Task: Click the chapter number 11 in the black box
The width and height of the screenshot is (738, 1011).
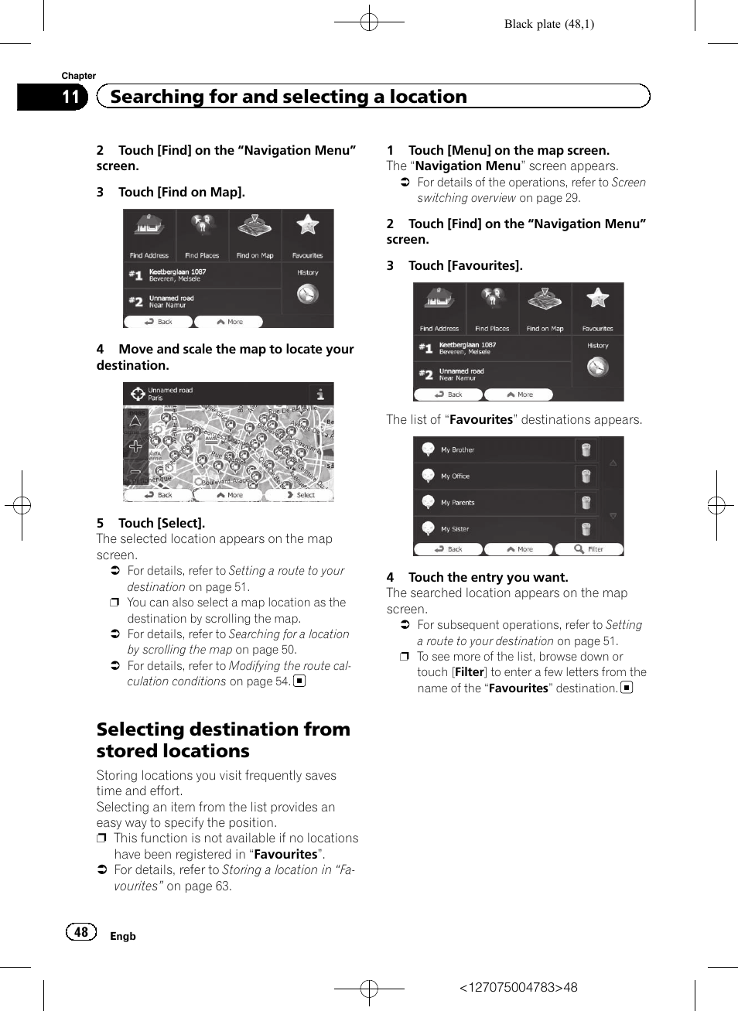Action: click(x=70, y=97)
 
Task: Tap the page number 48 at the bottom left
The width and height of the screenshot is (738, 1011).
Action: click(x=81, y=932)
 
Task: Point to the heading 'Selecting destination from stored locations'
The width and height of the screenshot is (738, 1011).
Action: click(x=223, y=740)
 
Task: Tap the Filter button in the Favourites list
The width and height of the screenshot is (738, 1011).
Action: click(x=589, y=549)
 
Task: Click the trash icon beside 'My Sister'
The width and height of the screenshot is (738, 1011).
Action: click(x=586, y=529)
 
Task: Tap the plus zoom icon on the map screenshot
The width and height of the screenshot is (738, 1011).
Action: click(x=135, y=446)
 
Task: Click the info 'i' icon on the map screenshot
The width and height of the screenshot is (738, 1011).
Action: click(x=320, y=394)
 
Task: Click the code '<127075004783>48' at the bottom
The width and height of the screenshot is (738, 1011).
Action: click(x=518, y=987)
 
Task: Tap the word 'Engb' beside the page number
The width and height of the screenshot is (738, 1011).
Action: click(x=123, y=936)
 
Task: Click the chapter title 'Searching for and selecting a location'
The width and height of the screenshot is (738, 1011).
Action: click(x=289, y=97)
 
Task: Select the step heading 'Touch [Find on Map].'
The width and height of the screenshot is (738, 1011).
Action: click(x=181, y=192)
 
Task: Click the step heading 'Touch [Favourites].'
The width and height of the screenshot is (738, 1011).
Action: click(x=465, y=265)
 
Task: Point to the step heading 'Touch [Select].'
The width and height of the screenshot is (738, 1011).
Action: click(x=161, y=523)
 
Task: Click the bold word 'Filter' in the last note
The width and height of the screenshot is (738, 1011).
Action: click(x=470, y=672)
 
